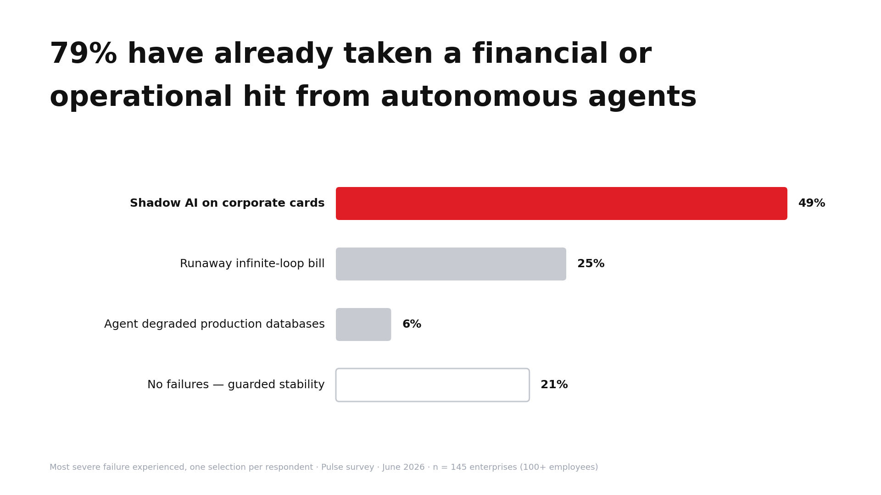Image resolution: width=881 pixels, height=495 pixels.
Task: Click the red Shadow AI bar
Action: (562, 203)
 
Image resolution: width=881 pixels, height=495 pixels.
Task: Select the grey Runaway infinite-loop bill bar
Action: (451, 264)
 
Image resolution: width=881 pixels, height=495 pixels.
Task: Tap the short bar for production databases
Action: (363, 324)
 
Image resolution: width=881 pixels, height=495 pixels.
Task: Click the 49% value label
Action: (812, 203)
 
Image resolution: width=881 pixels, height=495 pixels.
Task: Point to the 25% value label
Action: (591, 264)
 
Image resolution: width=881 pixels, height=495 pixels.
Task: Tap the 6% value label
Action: (412, 324)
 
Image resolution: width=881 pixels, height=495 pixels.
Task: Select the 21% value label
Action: (554, 385)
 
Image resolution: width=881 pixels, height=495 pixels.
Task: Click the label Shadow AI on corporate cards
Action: (227, 203)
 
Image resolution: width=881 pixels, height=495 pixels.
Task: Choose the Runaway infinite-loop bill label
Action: (252, 264)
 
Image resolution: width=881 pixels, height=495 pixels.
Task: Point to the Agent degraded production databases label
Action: (214, 324)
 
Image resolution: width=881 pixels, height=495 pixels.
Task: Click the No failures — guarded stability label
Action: (236, 385)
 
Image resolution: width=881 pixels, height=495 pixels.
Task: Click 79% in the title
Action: (83, 54)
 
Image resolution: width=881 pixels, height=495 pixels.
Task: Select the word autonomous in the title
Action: (479, 97)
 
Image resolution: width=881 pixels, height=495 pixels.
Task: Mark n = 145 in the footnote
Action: (449, 467)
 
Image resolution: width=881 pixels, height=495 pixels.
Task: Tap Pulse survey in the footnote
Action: (348, 467)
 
